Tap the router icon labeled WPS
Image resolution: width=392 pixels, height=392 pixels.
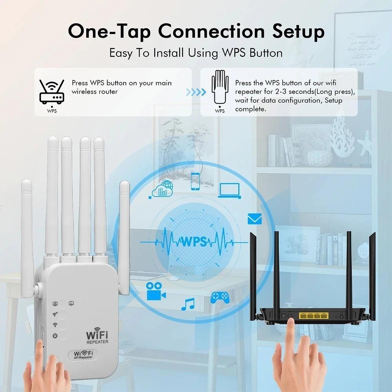point(52,93)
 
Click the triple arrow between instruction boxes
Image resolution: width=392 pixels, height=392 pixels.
point(196,92)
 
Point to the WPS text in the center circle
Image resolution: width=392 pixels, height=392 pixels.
point(194,241)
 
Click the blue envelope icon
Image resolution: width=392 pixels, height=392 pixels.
point(254,219)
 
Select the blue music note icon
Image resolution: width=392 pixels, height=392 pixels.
point(188,304)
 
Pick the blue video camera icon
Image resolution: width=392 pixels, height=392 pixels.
point(156,291)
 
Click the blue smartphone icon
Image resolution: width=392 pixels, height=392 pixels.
point(195,181)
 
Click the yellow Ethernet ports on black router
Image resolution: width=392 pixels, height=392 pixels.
point(313,315)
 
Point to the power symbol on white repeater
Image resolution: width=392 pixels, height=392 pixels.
point(55,336)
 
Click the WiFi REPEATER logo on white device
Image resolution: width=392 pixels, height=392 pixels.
point(97,336)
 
